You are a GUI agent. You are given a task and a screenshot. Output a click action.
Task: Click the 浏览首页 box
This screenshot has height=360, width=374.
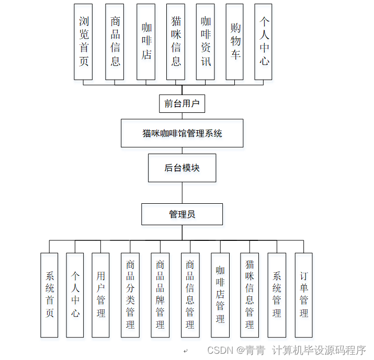[x=83, y=42]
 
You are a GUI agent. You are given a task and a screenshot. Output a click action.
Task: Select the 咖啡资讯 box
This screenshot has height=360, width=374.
[x=206, y=42]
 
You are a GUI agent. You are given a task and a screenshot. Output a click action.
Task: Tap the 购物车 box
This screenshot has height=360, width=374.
[x=235, y=42]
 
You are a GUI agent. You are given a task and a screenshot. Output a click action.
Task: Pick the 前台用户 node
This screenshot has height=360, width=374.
[x=182, y=103]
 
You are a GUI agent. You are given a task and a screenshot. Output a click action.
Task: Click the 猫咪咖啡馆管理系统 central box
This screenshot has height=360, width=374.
[x=182, y=133]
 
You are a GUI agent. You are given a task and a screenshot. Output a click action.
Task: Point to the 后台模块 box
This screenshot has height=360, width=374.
[x=182, y=168]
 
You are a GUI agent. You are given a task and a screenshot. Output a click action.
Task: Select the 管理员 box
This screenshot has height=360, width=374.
[x=182, y=214]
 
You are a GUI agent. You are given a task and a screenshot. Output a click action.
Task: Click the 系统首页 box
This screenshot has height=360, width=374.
[x=49, y=295]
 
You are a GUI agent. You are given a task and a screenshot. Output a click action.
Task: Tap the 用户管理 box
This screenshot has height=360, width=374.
[x=100, y=295]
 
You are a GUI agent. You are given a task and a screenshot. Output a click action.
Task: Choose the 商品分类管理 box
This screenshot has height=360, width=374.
[x=130, y=295]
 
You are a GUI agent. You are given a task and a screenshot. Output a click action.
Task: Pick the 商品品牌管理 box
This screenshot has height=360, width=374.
[x=160, y=295]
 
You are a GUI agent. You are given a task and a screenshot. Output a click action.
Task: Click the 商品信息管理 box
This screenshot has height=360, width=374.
[x=190, y=295]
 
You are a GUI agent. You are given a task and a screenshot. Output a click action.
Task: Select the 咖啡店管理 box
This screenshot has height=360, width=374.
[x=220, y=295]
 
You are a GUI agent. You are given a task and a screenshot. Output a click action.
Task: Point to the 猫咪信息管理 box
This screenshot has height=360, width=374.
[x=250, y=295]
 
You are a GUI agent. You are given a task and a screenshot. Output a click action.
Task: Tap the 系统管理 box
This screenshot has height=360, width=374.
[x=277, y=295]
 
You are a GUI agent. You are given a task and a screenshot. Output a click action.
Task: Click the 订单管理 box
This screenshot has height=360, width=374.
[x=303, y=295]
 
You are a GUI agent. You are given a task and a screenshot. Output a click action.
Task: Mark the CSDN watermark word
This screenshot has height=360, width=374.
[x=219, y=350]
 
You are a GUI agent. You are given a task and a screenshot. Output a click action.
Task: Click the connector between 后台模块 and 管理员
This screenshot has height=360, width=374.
[x=182, y=193]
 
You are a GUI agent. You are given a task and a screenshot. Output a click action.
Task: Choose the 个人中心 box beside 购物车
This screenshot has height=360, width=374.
[x=264, y=42]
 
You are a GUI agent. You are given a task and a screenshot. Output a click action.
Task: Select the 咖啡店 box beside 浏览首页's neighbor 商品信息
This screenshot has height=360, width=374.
[x=146, y=42]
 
